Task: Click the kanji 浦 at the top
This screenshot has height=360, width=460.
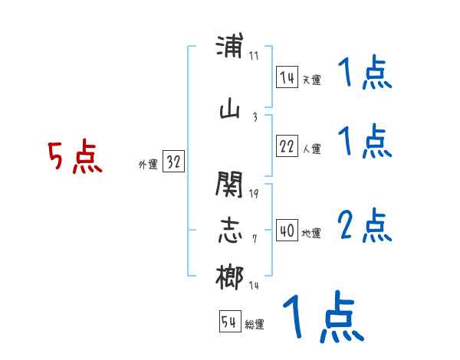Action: [230, 48]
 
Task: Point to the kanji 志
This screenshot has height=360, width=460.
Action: [230, 231]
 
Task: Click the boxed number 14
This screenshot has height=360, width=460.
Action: [287, 77]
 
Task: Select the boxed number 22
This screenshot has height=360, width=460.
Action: [287, 147]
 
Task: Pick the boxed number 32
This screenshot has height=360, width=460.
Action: [173, 162]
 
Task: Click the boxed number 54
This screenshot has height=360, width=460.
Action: [229, 322]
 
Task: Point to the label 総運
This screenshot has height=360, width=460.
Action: [255, 325]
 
